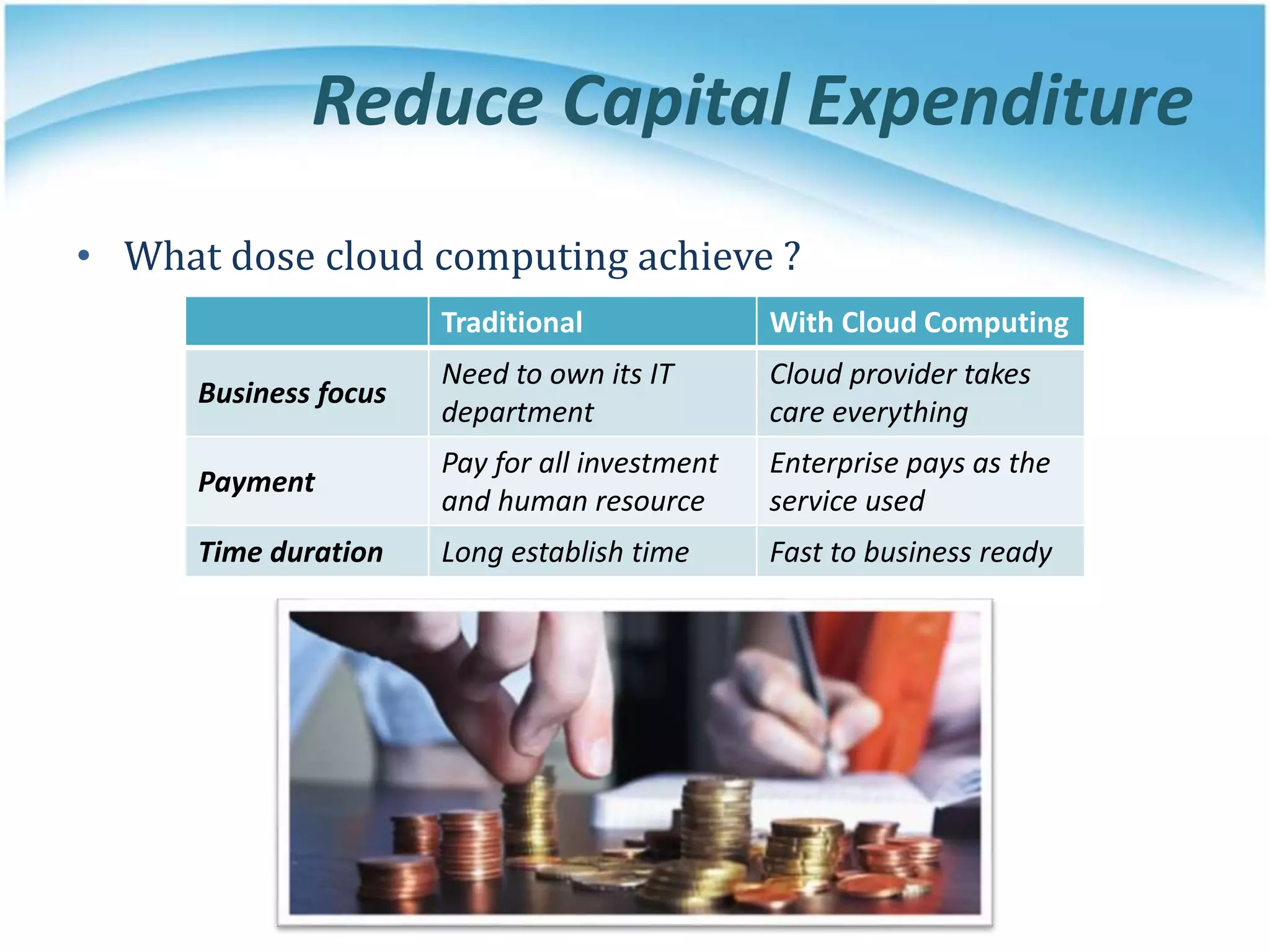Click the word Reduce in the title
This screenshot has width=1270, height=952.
(428, 101)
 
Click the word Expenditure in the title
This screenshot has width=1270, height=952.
(1000, 101)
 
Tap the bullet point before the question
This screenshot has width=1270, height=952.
(84, 256)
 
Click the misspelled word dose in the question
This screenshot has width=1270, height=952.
(273, 256)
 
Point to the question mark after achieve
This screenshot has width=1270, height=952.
(792, 256)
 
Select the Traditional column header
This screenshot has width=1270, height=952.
(512, 322)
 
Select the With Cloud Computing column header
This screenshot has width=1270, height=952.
(919, 322)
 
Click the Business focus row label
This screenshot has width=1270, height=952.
(292, 393)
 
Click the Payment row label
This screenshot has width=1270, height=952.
(257, 482)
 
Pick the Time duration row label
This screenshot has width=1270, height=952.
(291, 552)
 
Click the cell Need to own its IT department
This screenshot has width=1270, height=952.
(558, 393)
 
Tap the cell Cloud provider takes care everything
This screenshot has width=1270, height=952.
(899, 393)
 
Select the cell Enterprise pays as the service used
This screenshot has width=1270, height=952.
(909, 482)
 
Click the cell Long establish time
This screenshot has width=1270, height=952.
(565, 552)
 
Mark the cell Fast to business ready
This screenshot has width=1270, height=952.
(910, 552)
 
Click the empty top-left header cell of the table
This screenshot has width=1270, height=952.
(307, 321)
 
